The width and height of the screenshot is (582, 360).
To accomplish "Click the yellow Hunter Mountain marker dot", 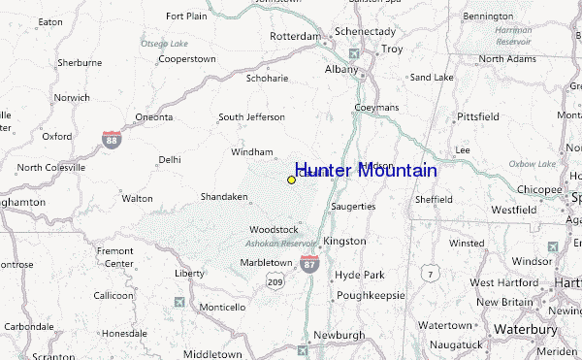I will (x=291, y=180).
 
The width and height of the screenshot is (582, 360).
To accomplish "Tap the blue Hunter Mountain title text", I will (x=365, y=171).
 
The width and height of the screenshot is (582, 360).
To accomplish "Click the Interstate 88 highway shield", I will (x=113, y=140).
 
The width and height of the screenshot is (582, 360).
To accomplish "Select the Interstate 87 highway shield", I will (x=308, y=263).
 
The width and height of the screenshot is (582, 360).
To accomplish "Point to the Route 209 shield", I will (x=275, y=281).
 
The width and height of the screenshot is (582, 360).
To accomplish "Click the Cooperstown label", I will (x=186, y=59).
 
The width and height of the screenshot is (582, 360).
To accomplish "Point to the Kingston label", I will (x=344, y=241).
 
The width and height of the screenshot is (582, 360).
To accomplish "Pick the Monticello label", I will (x=222, y=308).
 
